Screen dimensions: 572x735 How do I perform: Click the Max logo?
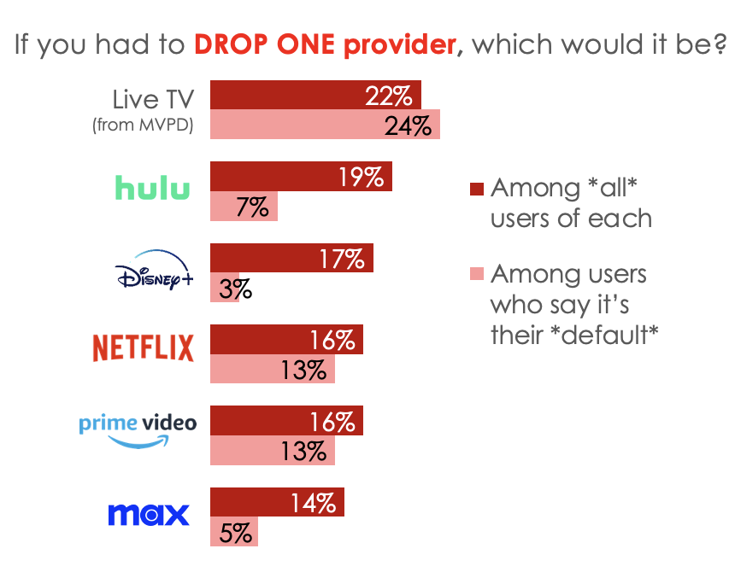pyautogui.click(x=148, y=515)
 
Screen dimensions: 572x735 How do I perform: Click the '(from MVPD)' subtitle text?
pyautogui.click(x=143, y=125)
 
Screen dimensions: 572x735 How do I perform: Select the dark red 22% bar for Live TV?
pyautogui.click(x=315, y=95)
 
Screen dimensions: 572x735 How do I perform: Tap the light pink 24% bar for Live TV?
pyautogui.click(x=325, y=125)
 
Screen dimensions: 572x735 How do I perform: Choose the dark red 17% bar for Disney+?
pyautogui.click(x=291, y=258)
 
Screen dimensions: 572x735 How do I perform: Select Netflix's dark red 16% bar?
pyautogui.click(x=286, y=340)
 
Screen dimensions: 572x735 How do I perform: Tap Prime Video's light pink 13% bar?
pyautogui.click(x=272, y=451)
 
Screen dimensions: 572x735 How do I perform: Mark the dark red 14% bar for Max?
pyautogui.click(x=277, y=502)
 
